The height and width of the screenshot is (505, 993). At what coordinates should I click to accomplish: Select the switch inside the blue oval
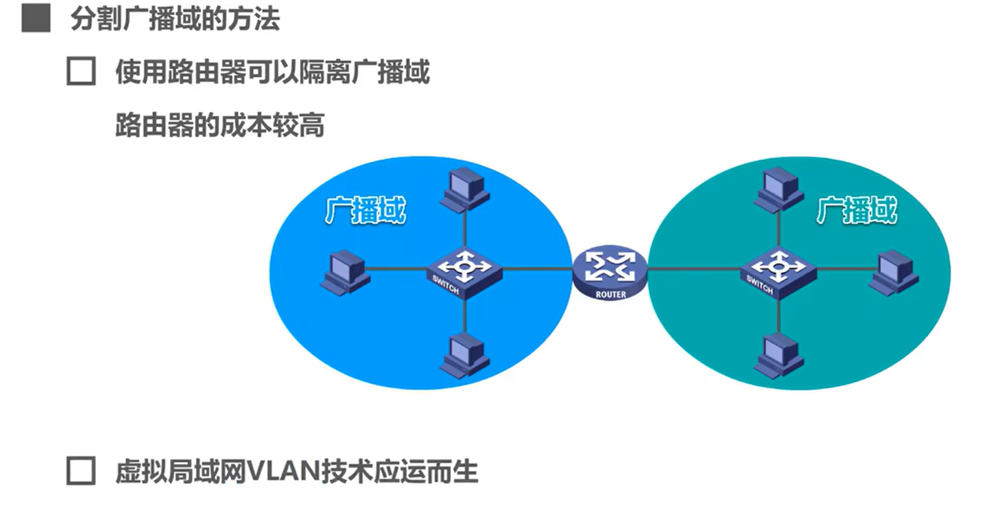click(460, 270)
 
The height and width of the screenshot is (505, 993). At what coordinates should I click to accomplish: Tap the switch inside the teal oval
click(773, 270)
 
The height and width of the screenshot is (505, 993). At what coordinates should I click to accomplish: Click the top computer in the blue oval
click(463, 189)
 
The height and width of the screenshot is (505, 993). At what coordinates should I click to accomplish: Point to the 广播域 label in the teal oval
click(856, 209)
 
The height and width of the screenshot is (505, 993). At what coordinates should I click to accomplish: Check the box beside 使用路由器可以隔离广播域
click(81, 72)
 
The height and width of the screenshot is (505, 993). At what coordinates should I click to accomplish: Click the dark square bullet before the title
click(35, 20)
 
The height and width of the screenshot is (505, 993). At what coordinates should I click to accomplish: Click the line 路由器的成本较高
click(220, 126)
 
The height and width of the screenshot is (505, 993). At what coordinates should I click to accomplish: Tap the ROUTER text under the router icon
click(610, 294)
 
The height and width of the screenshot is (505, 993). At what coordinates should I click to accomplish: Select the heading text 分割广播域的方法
click(175, 20)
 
